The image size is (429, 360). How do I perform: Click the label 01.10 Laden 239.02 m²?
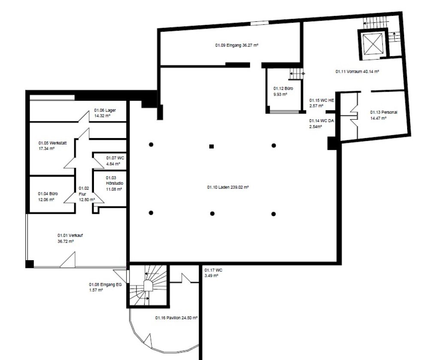[x=228, y=187]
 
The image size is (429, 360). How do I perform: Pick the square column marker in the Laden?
[x=211, y=146]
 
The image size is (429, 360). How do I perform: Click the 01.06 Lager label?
[x=105, y=113]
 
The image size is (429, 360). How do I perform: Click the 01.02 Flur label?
[x=83, y=193]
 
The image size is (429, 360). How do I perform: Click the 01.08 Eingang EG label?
[x=102, y=287]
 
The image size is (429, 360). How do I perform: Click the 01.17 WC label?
[x=213, y=273]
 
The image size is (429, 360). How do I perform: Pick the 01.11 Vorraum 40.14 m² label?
[x=357, y=72]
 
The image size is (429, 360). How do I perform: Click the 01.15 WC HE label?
[x=321, y=102]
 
